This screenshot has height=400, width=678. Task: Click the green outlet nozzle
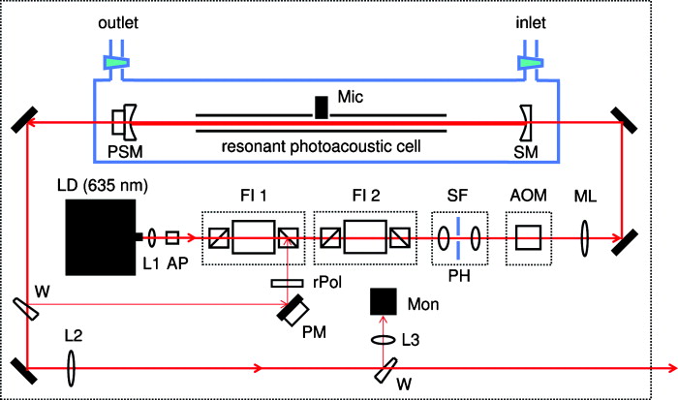(116, 63)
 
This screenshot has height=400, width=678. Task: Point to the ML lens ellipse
(585, 235)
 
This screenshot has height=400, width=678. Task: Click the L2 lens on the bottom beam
(71, 368)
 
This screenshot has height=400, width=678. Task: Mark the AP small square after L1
(172, 235)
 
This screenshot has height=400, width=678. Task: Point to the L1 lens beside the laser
(153, 235)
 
